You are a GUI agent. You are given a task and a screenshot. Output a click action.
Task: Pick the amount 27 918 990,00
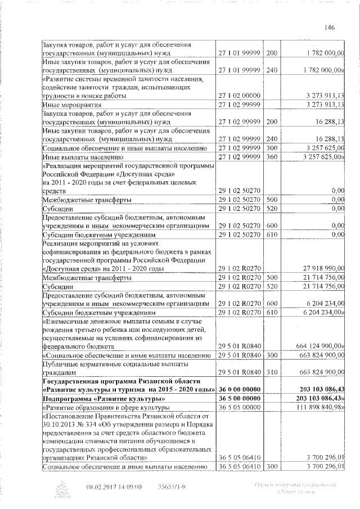[x=322, y=269]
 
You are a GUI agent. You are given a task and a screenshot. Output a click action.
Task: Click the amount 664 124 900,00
[x=319, y=346]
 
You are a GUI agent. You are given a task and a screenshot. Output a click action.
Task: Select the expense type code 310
[x=272, y=371]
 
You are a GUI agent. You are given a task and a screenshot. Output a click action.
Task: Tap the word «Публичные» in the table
[x=61, y=363]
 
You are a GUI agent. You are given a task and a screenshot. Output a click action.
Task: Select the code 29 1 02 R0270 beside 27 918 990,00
[x=240, y=269]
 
